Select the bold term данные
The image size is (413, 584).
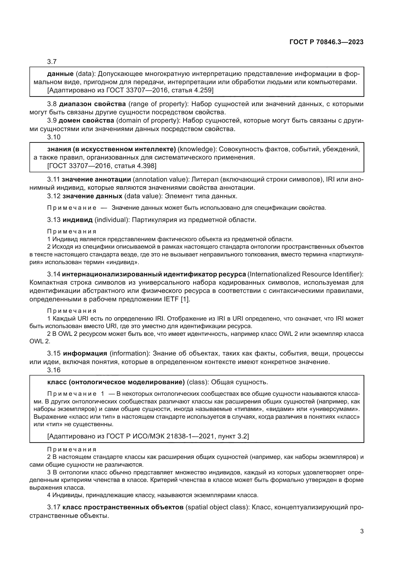click(x=60, y=74)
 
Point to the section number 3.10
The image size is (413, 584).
click(x=54, y=137)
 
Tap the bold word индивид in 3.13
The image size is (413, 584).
click(x=78, y=220)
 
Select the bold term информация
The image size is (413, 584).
click(x=85, y=354)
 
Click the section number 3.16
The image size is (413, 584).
click(x=54, y=370)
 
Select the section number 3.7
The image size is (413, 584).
click(x=52, y=62)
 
